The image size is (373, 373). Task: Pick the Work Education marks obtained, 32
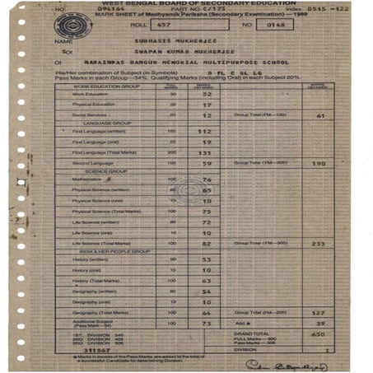tap(207, 94)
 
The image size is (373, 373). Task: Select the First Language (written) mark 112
tap(207, 131)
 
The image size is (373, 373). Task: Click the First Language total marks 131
tap(206, 152)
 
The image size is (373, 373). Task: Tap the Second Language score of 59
tap(207, 163)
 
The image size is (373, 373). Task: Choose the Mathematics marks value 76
tap(207, 179)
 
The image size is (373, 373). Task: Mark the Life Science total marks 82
tap(207, 244)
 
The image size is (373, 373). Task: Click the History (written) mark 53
tap(207, 259)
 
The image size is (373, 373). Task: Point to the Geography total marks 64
tap(207, 313)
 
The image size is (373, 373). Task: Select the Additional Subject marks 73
tap(207, 324)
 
